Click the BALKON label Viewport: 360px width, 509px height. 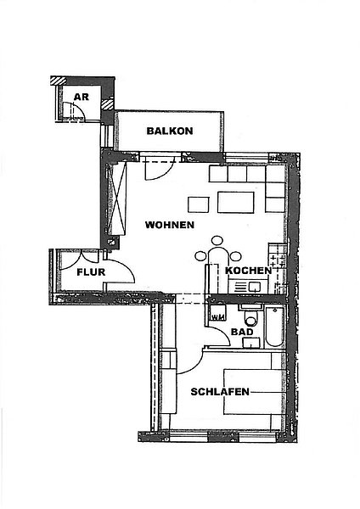click(170, 131)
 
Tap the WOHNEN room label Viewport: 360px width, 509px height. click(170, 225)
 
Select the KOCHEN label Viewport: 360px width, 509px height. click(249, 271)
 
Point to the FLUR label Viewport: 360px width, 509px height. click(91, 272)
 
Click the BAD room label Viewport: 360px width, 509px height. click(242, 332)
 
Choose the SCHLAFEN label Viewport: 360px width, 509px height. click(220, 392)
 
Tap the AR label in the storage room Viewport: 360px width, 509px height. click(82, 97)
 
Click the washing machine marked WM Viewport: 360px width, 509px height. click(218, 312)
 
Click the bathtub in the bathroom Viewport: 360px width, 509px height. click(275, 327)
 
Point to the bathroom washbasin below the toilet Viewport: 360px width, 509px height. click(251, 343)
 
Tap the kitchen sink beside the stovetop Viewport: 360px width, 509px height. click(254, 287)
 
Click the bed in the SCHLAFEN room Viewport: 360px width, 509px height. click(255, 391)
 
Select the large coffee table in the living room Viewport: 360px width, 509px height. click(236, 202)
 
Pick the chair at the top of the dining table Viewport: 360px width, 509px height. click(217, 241)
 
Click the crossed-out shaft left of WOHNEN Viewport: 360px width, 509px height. click(116, 199)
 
